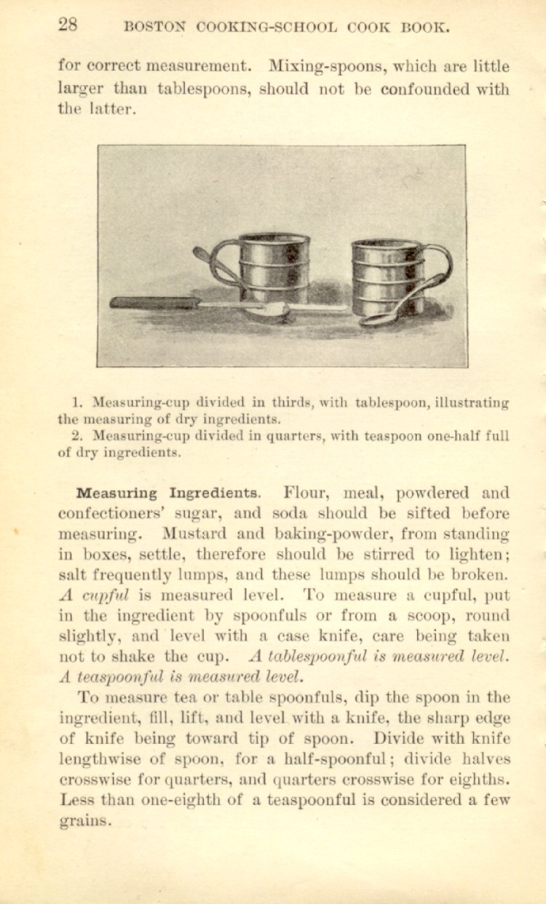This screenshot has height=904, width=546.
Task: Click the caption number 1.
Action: coord(77,403)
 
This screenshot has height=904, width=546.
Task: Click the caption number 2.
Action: coord(77,437)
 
